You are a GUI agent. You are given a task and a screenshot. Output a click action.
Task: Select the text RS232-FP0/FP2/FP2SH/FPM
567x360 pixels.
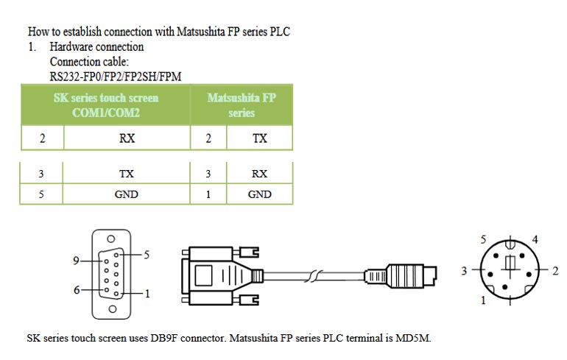(116, 77)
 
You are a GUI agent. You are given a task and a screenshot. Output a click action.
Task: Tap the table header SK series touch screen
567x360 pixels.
(106, 98)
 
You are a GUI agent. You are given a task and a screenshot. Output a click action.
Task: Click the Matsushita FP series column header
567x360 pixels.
(242, 105)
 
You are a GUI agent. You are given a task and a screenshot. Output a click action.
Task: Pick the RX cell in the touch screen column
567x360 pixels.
(127, 138)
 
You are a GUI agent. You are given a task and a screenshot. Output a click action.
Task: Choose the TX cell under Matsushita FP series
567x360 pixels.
(260, 138)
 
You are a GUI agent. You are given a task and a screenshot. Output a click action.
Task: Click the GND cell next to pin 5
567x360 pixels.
(126, 194)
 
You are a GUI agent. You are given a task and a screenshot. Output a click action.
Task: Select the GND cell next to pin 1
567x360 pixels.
(260, 194)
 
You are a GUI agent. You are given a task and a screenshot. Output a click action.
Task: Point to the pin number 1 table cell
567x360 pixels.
(208, 194)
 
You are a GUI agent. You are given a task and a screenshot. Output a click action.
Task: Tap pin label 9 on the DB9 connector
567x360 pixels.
(76, 261)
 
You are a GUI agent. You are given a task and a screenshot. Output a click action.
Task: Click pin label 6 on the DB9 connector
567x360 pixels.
(77, 290)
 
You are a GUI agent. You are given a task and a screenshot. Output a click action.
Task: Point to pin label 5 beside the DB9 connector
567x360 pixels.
(147, 255)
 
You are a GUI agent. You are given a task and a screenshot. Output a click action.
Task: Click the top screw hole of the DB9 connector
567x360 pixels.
(111, 239)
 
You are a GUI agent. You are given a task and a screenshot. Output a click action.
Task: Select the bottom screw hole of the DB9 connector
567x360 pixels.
(113, 309)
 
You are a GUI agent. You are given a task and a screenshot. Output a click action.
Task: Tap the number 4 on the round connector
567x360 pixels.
(535, 239)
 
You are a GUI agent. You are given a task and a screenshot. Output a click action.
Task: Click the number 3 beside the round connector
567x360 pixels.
(465, 271)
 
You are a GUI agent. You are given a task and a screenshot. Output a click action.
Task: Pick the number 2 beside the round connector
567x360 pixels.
(555, 271)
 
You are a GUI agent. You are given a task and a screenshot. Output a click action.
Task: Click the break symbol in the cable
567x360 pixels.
(313, 276)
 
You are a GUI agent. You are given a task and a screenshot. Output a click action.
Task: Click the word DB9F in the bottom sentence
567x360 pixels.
(163, 339)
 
